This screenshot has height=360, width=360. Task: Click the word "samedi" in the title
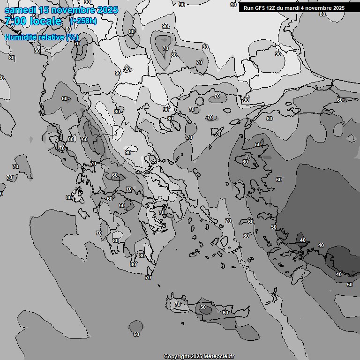coord(20,10)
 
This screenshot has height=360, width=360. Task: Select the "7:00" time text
coord(16,21)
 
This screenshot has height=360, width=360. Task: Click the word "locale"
coord(45,21)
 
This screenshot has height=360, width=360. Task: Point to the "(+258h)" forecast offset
coord(83,21)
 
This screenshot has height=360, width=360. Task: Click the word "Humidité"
coord(22,37)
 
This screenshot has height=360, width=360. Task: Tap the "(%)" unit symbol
coord(72,37)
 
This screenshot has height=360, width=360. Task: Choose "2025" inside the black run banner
coord(336,8)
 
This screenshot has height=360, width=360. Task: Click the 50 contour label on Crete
coord(203,307)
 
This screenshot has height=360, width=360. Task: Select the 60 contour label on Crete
coord(225,313)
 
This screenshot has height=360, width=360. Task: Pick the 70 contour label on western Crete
coord(178,304)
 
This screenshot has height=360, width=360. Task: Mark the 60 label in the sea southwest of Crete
coord(136,334)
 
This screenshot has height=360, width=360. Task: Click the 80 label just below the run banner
coord(322,14)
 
